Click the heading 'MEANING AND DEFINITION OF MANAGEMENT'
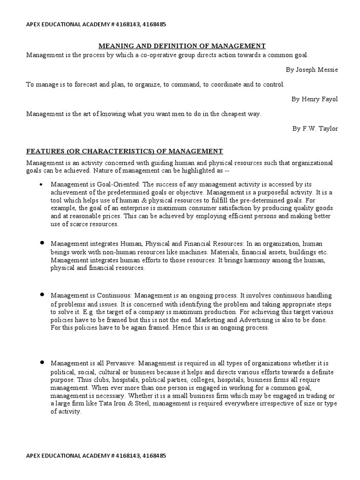click(182, 46)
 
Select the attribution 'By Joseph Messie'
click(312, 70)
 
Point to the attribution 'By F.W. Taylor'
click(315, 128)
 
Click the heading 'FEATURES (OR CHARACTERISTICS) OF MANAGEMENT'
click(125, 151)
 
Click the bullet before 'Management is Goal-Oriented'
click(42, 185)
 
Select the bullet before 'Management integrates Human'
click(42, 243)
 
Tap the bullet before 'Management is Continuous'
click(42, 294)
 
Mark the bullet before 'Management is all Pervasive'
click(42, 362)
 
